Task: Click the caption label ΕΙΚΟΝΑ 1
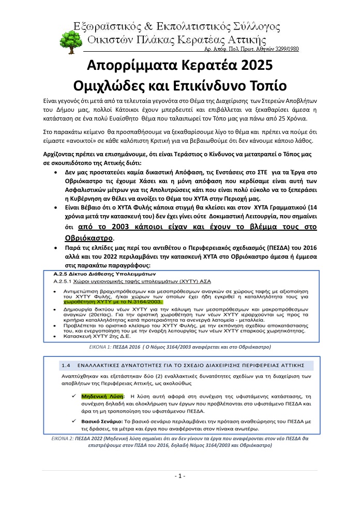(x=103, y=346)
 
